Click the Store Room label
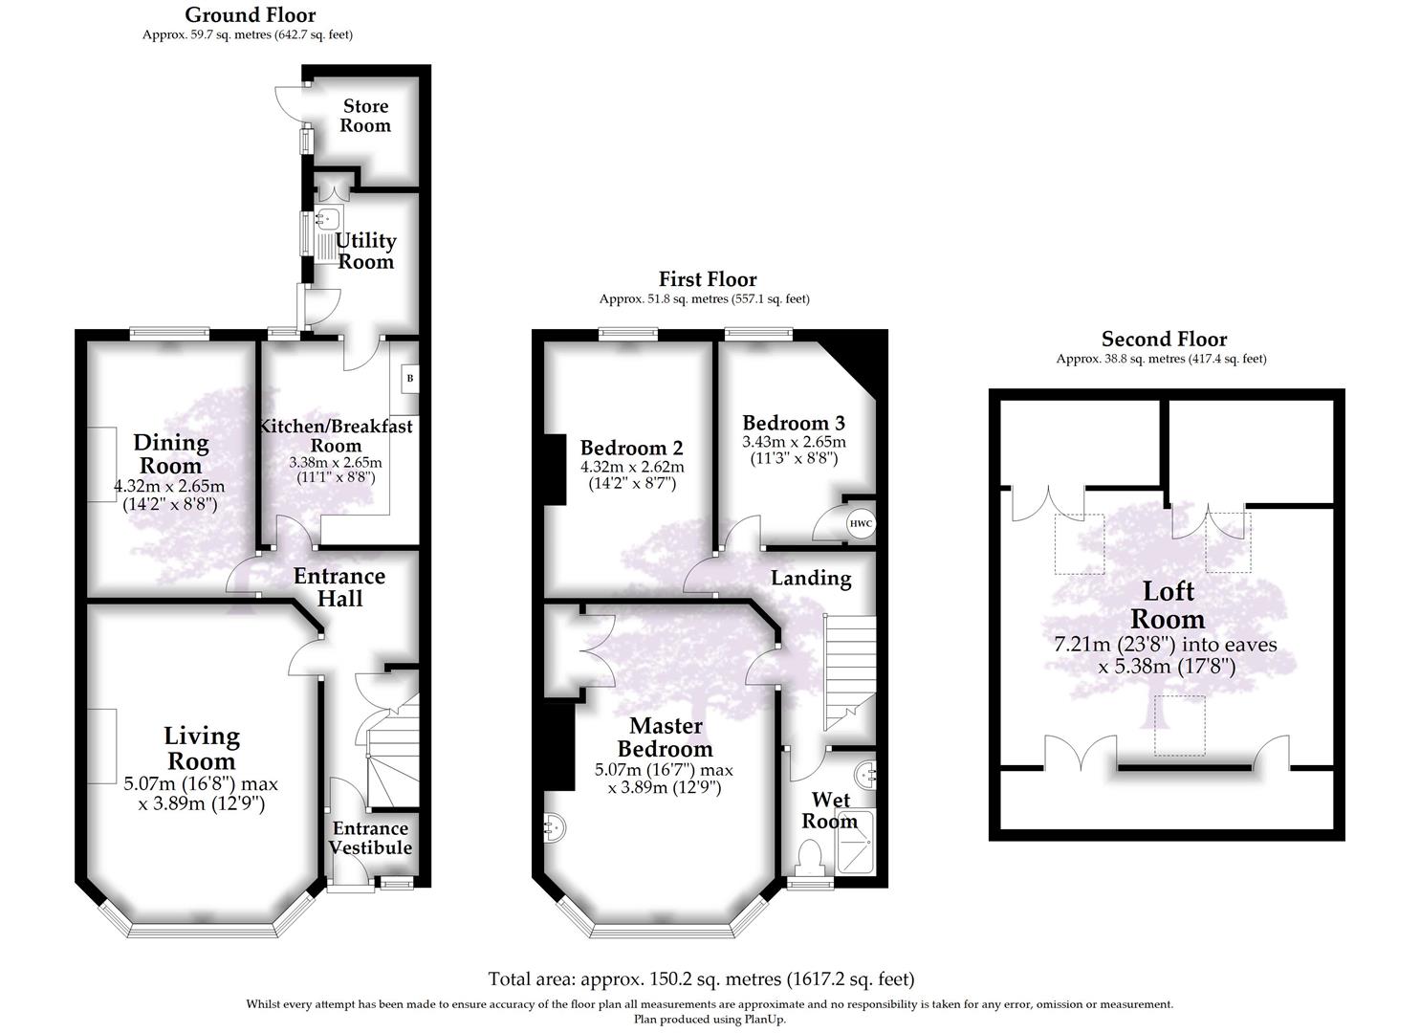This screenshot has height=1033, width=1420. (x=366, y=116)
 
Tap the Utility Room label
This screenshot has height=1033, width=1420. (x=365, y=251)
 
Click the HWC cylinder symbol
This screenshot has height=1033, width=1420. (x=861, y=523)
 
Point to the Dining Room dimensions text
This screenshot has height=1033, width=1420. (x=170, y=495)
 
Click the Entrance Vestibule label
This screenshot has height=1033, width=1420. (x=370, y=838)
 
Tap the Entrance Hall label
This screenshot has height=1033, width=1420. (x=339, y=587)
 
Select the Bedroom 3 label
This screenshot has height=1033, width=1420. (x=794, y=423)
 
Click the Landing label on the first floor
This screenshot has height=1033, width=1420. (x=811, y=578)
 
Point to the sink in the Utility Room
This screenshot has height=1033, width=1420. (x=330, y=218)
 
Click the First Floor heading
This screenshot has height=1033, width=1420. (x=708, y=279)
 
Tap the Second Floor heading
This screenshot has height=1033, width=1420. (x=1164, y=339)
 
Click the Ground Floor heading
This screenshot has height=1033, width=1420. (x=250, y=14)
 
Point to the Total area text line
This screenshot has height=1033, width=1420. (x=701, y=978)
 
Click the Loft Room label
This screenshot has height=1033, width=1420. (x=1168, y=604)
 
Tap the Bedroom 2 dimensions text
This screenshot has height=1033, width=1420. (x=632, y=474)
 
